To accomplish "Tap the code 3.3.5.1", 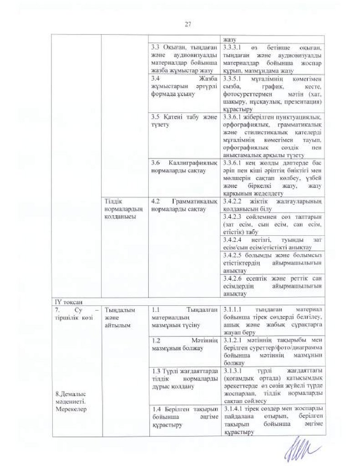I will click(233, 79).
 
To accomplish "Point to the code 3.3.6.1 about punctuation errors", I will click(233, 117).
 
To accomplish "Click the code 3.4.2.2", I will click(233, 202).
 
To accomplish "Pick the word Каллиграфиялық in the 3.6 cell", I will click(188, 163).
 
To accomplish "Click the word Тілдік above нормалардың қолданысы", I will click(112, 201).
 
